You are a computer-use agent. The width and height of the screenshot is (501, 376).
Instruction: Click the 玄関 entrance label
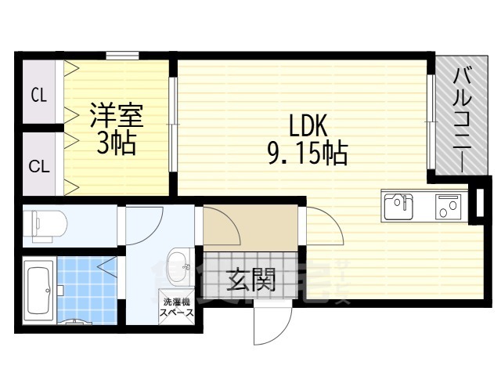[x=251, y=280]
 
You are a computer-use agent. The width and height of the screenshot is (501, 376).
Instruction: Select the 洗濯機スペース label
[x=176, y=305]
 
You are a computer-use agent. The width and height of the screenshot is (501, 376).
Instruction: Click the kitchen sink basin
[x=398, y=207]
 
